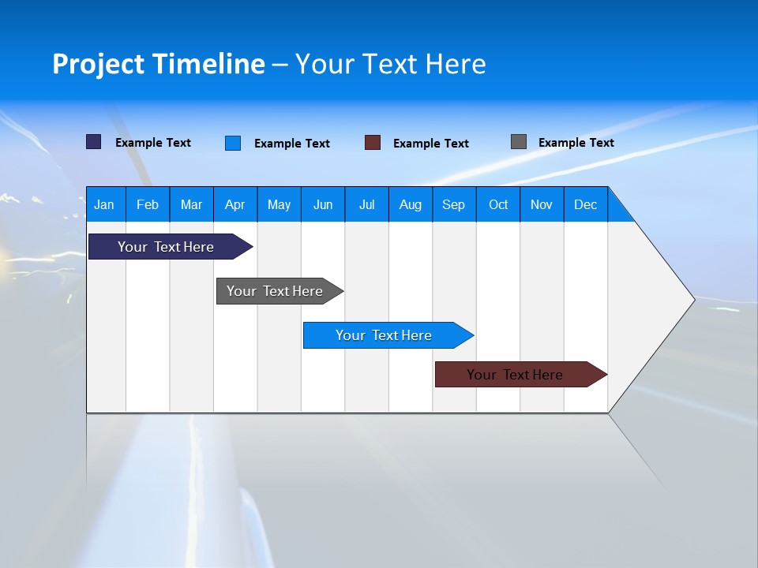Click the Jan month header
pyautogui.click(x=104, y=204)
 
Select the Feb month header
pyautogui.click(x=148, y=204)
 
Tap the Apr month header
pyautogui.click(x=235, y=204)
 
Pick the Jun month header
pyautogui.click(x=323, y=204)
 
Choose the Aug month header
pyautogui.click(x=411, y=204)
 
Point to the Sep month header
pyautogui.click(x=454, y=204)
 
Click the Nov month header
pyautogui.click(x=542, y=204)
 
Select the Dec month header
pyautogui.click(x=586, y=204)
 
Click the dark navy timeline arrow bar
pyautogui.click(x=166, y=247)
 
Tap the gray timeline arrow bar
pyautogui.click(x=275, y=291)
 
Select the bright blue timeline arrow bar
pyautogui.click(x=384, y=335)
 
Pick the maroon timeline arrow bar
pyautogui.click(x=515, y=375)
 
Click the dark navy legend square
pyautogui.click(x=94, y=142)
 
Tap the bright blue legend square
pyautogui.click(x=233, y=143)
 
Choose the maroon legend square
pyautogui.click(x=373, y=143)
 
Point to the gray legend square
pyautogui.click(x=519, y=142)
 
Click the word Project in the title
pyautogui.click(x=100, y=64)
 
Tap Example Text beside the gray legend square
pyautogui.click(x=576, y=143)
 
